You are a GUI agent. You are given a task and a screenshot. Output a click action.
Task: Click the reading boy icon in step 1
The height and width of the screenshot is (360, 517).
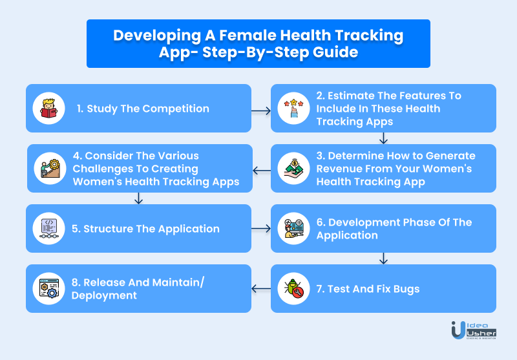tap(49, 108)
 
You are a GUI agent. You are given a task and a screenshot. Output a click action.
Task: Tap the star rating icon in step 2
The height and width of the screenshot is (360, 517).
tap(293, 108)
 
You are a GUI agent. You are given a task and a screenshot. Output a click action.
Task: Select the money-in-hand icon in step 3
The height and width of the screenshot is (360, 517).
tap(293, 168)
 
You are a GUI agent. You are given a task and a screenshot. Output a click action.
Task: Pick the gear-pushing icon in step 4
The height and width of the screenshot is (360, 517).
tap(50, 168)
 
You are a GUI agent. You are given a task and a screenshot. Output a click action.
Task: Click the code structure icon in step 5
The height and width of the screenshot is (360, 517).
tap(49, 228)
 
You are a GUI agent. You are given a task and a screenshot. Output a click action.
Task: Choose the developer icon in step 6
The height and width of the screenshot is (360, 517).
tap(293, 228)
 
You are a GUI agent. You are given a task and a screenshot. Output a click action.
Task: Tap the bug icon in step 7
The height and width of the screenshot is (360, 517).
tap(293, 288)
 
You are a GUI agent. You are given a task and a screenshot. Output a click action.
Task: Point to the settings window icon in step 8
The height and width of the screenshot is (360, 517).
tap(49, 288)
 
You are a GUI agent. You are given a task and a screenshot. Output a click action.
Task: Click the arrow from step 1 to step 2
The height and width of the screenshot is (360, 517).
tap(261, 111)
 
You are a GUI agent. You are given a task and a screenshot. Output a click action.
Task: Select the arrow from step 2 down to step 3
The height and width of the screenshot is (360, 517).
tap(383, 138)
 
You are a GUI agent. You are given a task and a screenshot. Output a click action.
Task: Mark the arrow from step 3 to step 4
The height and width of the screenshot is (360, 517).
tap(262, 171)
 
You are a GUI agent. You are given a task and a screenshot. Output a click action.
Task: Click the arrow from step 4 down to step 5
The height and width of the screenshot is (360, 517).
tap(138, 198)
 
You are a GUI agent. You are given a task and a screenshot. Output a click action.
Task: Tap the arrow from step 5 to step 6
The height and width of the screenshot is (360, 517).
tap(261, 228)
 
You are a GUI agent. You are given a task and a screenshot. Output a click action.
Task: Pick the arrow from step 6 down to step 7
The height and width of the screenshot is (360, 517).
tap(383, 259)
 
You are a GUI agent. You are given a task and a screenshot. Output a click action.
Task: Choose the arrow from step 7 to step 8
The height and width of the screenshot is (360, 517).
tap(261, 289)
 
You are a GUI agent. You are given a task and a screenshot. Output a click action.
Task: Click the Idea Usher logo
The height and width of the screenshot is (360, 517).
tap(474, 330)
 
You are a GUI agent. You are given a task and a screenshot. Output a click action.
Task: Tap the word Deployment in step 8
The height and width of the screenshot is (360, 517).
tap(104, 296)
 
